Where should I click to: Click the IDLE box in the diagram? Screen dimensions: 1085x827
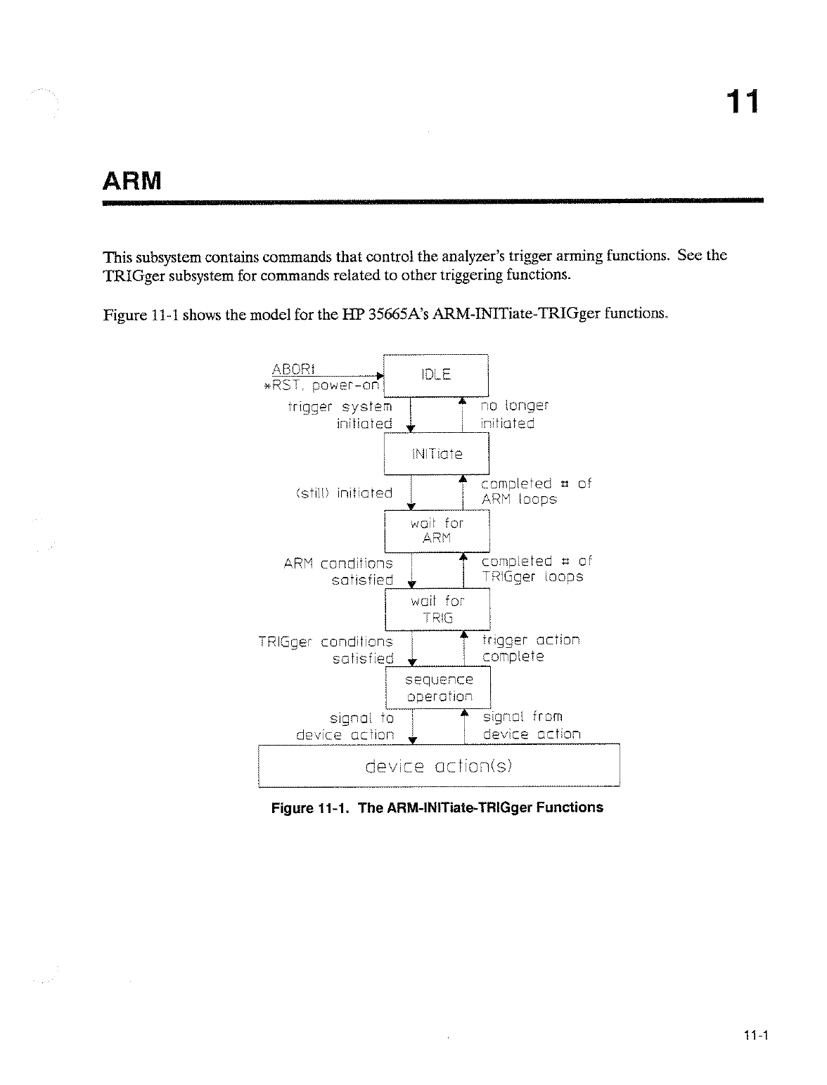(436, 375)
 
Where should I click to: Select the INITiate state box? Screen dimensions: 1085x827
(436, 453)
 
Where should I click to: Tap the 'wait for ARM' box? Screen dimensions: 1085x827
(437, 531)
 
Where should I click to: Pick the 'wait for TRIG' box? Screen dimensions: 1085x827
(437, 609)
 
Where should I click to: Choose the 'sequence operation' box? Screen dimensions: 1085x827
(438, 688)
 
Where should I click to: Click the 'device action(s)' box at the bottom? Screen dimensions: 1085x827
(439, 765)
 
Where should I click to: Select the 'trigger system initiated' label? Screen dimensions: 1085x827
(340, 415)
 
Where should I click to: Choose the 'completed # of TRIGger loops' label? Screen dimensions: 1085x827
(536, 569)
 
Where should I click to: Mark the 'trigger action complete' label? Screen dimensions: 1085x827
(530, 648)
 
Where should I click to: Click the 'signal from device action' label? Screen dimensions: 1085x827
(531, 725)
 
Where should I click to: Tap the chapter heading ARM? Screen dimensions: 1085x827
(132, 182)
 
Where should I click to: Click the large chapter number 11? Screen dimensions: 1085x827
(743, 103)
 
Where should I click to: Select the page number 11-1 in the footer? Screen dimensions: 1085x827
(757, 1034)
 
